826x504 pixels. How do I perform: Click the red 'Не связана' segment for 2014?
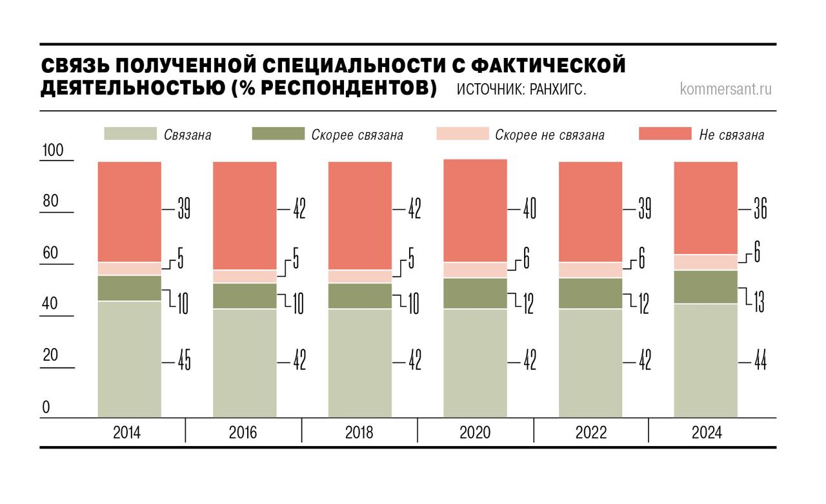tap(129, 211)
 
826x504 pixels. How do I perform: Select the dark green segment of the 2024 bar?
tap(705, 286)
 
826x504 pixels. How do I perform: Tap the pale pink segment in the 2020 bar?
tap(475, 269)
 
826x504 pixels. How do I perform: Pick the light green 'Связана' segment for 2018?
tap(359, 363)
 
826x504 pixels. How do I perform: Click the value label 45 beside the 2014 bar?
tap(184, 362)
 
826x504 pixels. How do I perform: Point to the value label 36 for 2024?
tap(761, 209)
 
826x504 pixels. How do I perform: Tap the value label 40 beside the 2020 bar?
tap(529, 209)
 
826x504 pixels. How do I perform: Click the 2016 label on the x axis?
tap(243, 432)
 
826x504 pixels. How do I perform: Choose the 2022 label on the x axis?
tap(590, 432)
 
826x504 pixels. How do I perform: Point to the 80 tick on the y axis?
tap(50, 201)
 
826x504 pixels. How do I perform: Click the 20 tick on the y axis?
tap(50, 356)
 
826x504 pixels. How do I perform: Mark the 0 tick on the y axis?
tap(46, 407)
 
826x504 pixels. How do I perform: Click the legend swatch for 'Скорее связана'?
tap(277, 134)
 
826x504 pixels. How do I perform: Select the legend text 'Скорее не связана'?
tap(550, 135)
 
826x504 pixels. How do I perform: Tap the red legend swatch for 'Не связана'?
tap(665, 134)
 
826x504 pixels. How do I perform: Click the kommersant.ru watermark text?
tap(725, 89)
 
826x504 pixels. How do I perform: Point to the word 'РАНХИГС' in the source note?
tap(557, 90)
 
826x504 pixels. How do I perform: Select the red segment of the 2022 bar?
tap(590, 211)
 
